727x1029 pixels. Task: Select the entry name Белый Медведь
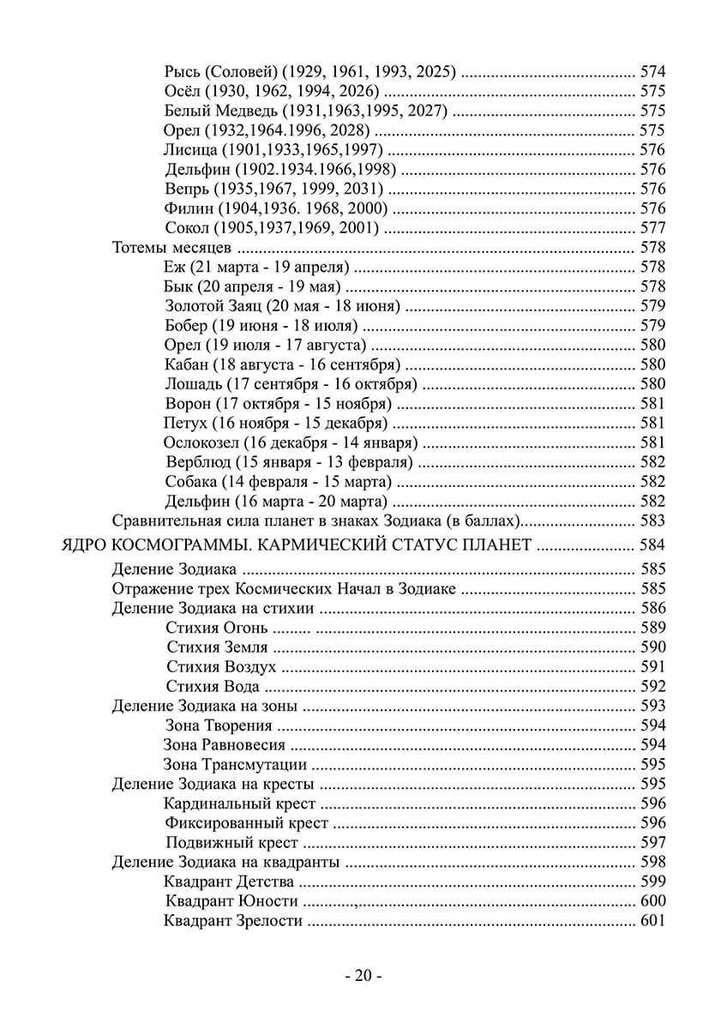click(x=220, y=111)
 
